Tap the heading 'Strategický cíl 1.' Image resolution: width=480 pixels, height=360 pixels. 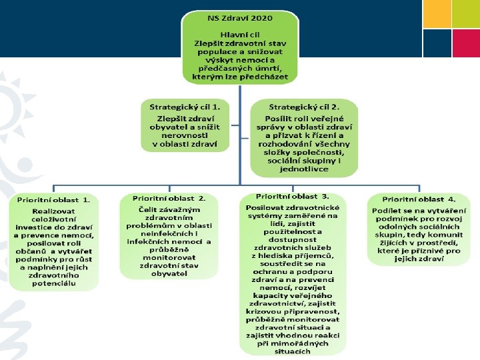185,107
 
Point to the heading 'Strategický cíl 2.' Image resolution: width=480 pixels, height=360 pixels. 303,107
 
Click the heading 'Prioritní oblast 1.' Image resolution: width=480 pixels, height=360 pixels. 54,199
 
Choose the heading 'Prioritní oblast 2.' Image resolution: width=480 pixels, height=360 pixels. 169,198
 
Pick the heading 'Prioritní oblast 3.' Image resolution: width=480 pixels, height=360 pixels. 293,197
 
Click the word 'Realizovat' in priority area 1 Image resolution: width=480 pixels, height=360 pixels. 54,211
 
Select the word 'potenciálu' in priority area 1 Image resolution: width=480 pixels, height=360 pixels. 54,284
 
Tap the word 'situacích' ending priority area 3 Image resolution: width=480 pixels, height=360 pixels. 293,351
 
